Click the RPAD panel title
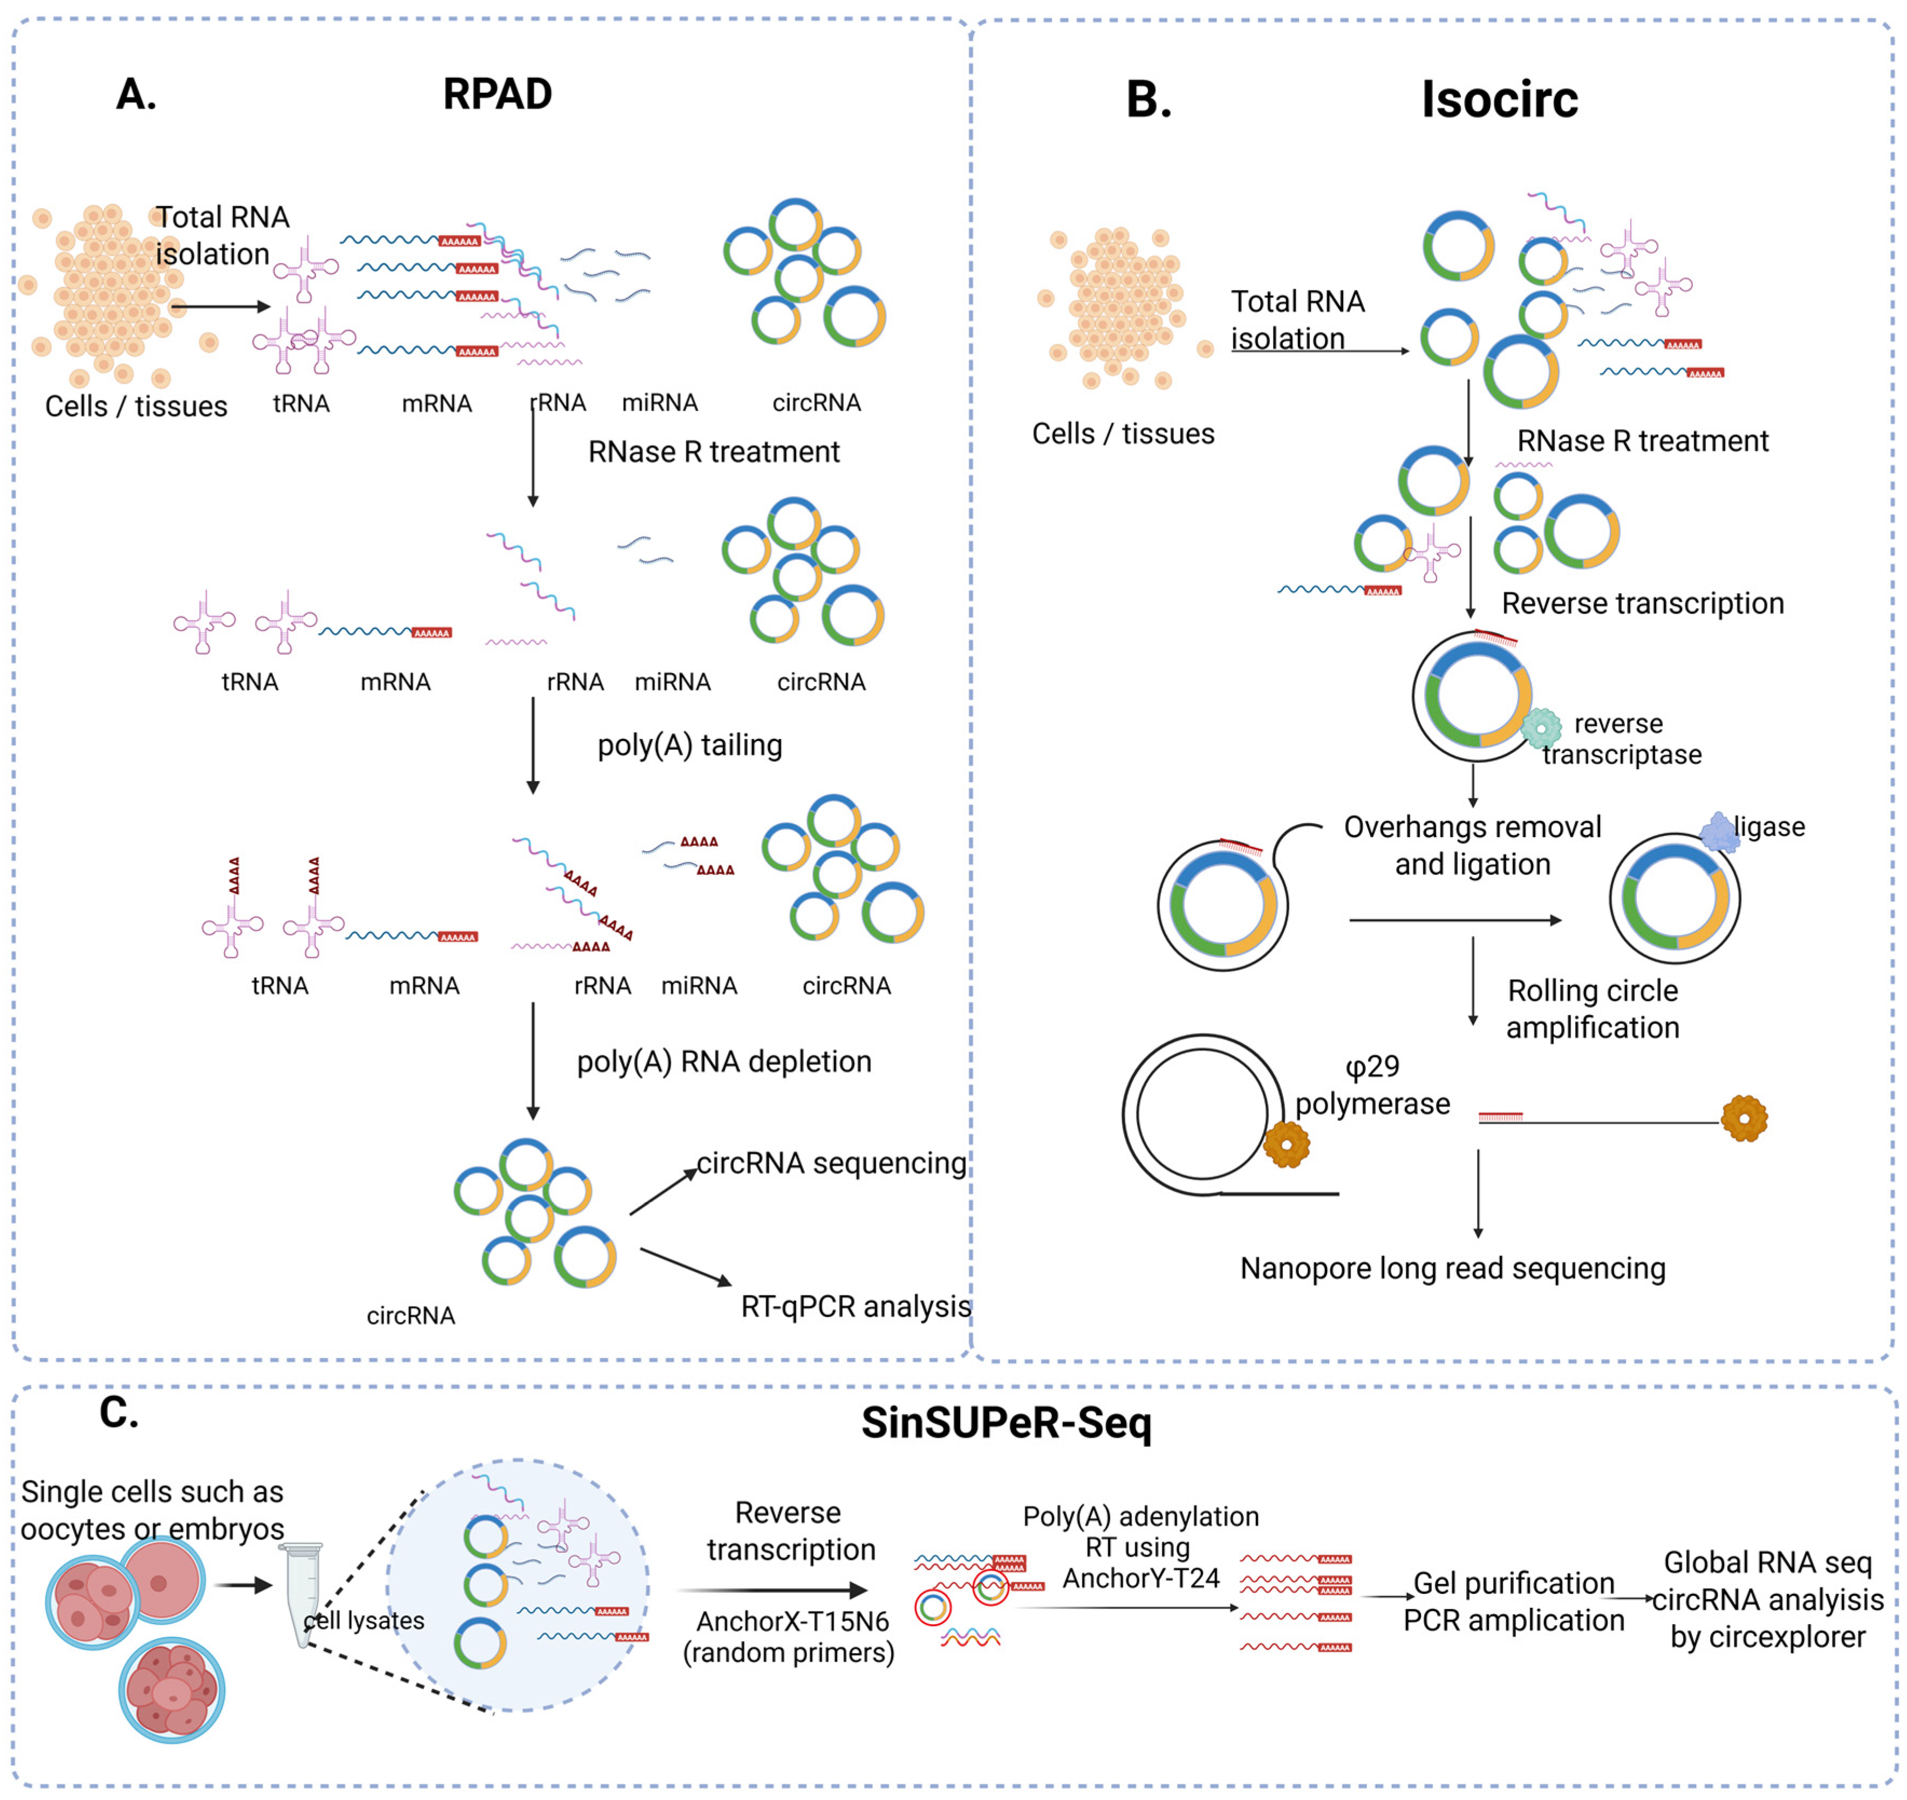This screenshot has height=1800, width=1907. tap(497, 94)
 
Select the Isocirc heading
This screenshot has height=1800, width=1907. tap(1499, 100)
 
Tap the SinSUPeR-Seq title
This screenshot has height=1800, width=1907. tap(1006, 1422)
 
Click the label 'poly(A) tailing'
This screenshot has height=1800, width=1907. tap(690, 745)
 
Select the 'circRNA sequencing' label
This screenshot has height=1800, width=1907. tap(831, 1163)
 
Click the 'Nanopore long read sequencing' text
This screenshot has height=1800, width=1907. tap(1452, 1268)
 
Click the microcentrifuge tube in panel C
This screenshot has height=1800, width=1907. tap(304, 1593)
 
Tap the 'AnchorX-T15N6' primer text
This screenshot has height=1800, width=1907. tap(792, 1621)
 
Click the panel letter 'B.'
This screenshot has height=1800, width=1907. tap(1148, 100)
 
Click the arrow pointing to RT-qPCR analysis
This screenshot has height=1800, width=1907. tap(685, 1267)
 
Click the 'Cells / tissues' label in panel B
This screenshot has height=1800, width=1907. tap(1122, 434)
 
